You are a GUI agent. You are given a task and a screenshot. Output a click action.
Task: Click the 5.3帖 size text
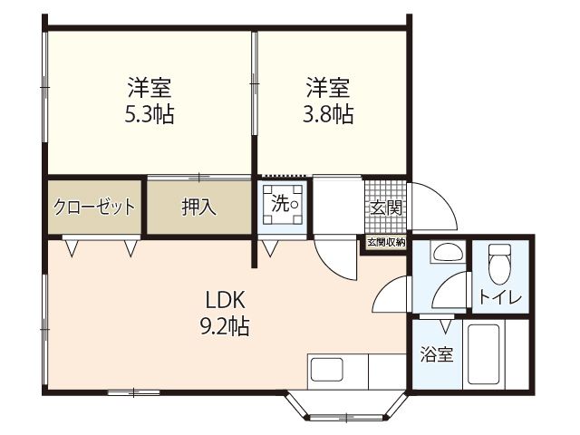coord(150,115)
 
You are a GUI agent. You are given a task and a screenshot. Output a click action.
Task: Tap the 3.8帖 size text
coord(328,115)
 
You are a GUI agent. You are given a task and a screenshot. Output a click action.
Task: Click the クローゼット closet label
coord(94,207)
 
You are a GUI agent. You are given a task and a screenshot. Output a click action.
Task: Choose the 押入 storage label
coord(198,207)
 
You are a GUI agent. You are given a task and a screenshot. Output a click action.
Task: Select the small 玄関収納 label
coord(385,242)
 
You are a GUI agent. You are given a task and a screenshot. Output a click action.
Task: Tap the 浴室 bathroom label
coord(437,353)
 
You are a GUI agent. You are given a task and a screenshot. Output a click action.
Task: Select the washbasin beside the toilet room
coord(443,253)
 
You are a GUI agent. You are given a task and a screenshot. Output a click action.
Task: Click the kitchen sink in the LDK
coord(325,370)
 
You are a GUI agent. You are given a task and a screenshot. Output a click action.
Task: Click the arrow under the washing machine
coord(269,246)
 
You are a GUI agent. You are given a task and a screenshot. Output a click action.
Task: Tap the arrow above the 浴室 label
coord(444,324)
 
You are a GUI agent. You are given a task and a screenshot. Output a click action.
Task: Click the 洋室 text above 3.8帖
coord(328,89)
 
